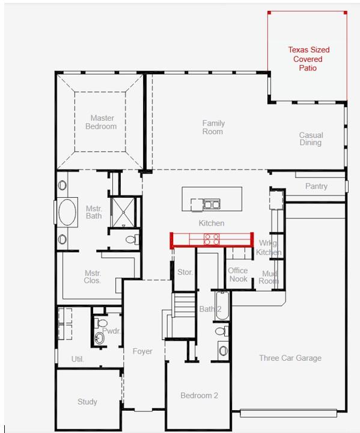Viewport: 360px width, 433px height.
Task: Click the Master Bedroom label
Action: point(100,122)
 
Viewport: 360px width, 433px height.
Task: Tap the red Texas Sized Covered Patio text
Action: point(308,59)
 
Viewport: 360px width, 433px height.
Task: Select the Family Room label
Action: point(213,127)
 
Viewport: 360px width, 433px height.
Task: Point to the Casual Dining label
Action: point(311,139)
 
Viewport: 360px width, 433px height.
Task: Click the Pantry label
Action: point(316,186)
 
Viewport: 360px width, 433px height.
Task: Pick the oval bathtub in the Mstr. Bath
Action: point(67,212)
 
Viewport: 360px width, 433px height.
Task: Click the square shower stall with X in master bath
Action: point(124,212)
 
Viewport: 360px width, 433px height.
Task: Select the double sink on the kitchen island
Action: point(211,204)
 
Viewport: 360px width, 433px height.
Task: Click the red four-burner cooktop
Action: point(212,239)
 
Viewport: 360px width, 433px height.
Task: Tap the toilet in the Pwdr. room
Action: point(100,339)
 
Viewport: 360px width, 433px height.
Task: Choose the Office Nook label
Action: point(238,275)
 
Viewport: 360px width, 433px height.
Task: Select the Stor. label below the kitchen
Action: point(185,272)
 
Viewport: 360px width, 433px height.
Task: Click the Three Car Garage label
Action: point(290,358)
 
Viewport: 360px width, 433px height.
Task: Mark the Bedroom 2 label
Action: point(199,395)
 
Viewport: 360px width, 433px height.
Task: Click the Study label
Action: point(87,402)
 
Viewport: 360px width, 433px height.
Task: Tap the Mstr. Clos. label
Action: point(92,277)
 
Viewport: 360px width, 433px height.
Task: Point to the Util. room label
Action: point(78,359)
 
